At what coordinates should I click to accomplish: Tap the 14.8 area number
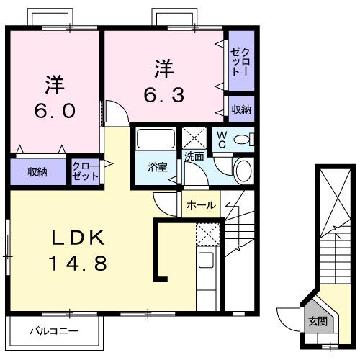(x=80, y=264)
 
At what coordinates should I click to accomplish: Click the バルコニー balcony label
(x=54, y=332)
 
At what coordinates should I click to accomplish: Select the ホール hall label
(x=201, y=205)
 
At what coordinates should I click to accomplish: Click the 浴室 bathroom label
(x=158, y=168)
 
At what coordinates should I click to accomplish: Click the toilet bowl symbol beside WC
(x=243, y=139)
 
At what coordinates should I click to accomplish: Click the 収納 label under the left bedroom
(x=37, y=172)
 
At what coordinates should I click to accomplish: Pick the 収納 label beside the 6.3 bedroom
(x=241, y=109)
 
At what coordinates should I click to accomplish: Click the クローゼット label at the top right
(x=240, y=61)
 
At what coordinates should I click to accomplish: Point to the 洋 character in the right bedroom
(x=165, y=69)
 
